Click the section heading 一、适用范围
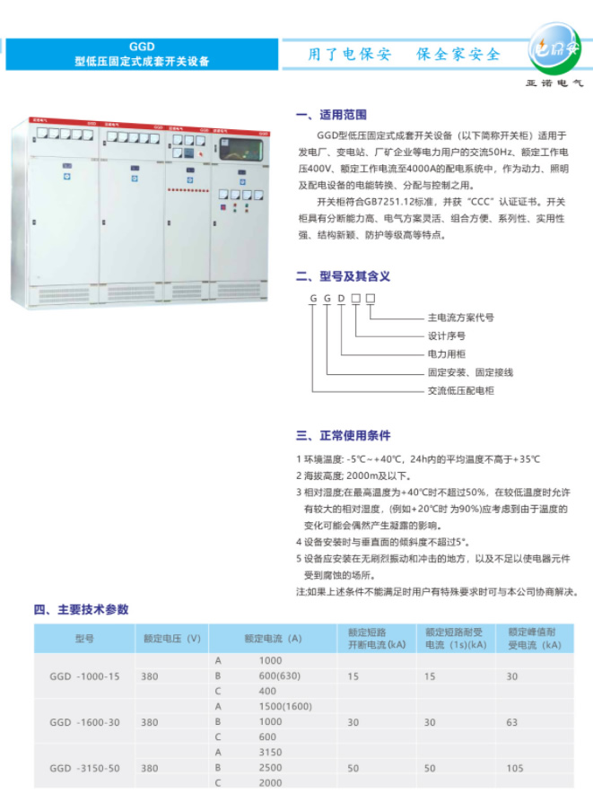pos(331,116)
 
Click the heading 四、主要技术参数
pos(82,609)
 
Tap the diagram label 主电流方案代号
pos(460,318)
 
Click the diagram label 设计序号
pos(446,336)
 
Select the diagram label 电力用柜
pos(446,353)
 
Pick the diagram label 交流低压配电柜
pos(460,390)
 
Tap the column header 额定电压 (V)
pos(170,639)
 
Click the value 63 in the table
pos(512,722)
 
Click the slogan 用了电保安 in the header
pos(350,54)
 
